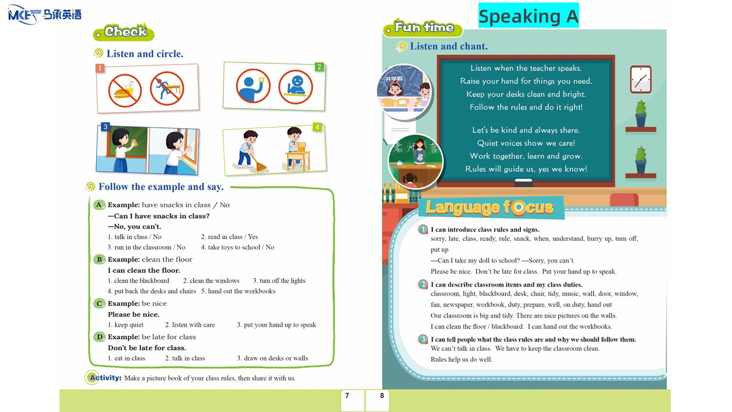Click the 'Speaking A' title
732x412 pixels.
tap(528, 16)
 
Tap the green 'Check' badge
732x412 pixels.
tap(124, 32)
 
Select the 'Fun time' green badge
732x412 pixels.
tap(424, 27)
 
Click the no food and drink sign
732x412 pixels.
tap(125, 90)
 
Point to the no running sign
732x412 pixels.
tap(167, 88)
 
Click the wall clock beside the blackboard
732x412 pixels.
tap(640, 80)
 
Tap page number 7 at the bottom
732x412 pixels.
tap(347, 395)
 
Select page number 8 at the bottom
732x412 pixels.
tap(382, 395)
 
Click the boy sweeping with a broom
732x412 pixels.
tap(249, 150)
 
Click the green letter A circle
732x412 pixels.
tap(99, 205)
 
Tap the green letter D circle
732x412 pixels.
tap(99, 337)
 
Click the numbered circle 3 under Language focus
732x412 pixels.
tap(423, 339)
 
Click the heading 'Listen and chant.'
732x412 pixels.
tap(448, 46)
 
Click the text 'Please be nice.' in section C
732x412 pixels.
tap(134, 314)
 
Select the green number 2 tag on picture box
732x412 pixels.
tap(319, 67)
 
